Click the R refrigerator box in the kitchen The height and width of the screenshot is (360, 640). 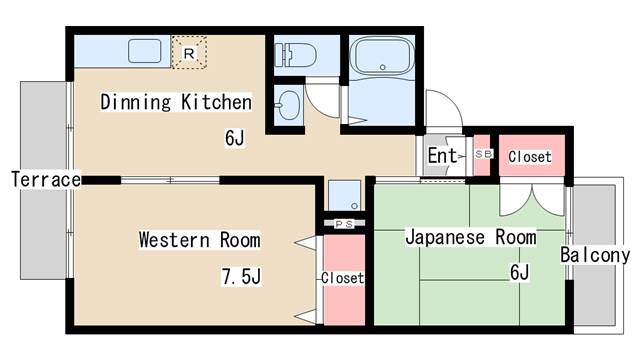(x=189, y=53)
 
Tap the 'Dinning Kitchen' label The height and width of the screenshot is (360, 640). (x=174, y=102)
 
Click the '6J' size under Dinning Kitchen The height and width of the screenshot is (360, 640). (x=235, y=137)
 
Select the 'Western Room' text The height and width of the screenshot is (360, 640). (x=199, y=240)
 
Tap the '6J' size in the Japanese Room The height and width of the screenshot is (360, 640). (x=519, y=272)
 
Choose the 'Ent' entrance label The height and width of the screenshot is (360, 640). (x=442, y=156)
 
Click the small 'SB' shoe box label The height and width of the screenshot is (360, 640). (x=483, y=154)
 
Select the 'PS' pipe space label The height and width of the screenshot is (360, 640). (x=344, y=223)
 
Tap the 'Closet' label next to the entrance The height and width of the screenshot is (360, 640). (x=530, y=157)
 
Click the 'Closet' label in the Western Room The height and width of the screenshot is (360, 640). (x=342, y=277)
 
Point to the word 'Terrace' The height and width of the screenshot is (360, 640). (x=45, y=180)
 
